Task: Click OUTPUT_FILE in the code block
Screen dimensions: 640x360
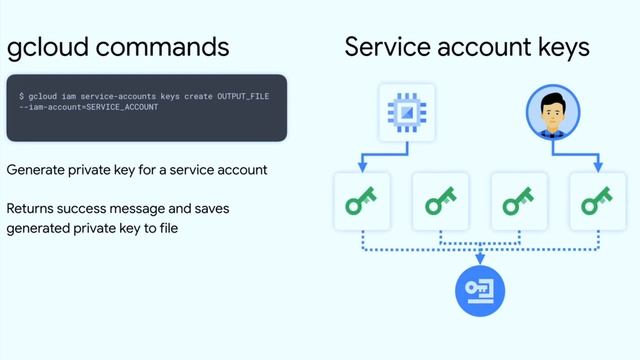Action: click(x=243, y=95)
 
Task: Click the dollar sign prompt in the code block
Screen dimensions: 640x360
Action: click(x=22, y=95)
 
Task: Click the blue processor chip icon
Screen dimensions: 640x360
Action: click(x=406, y=112)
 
